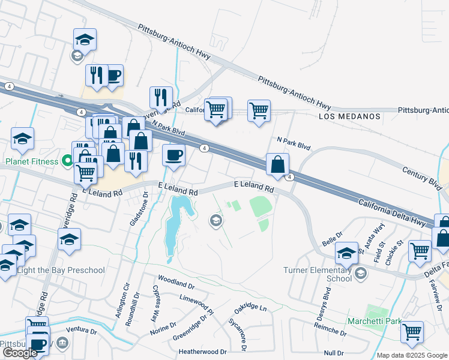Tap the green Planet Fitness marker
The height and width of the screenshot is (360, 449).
coord(67,161)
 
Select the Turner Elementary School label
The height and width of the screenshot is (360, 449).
coord(318,274)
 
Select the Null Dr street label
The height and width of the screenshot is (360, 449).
coord(333,353)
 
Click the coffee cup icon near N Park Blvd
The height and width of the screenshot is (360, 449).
coord(174,155)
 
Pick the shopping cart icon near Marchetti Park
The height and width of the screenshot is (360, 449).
coord(412,331)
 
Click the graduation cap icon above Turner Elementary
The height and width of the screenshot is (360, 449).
coord(347,253)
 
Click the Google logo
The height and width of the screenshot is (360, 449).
coord(20,353)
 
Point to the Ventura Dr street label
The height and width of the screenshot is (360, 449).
coord(82,331)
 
